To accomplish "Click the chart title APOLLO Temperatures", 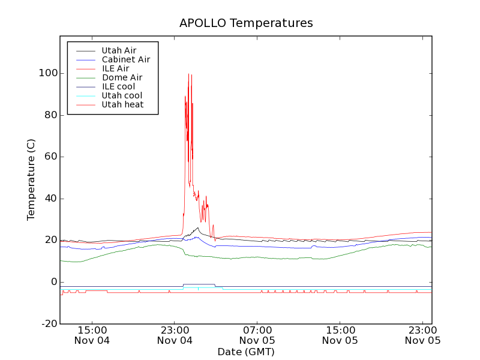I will (x=246, y=23).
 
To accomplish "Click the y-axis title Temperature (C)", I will (x=31, y=179).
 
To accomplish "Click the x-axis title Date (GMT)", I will (x=246, y=352).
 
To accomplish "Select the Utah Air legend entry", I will (x=119, y=50).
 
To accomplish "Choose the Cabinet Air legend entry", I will (x=125, y=59).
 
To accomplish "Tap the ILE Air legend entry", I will (x=115, y=68).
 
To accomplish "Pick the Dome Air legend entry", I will (x=122, y=77).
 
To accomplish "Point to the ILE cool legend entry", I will (x=118, y=86).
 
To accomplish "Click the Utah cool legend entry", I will (x=122, y=95).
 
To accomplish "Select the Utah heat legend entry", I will (x=122, y=104).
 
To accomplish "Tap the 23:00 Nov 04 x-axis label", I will (x=175, y=335).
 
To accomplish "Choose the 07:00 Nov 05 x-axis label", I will (x=257, y=335).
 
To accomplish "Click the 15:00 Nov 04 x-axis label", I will (x=92, y=335).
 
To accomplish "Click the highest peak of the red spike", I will (x=188, y=74).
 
